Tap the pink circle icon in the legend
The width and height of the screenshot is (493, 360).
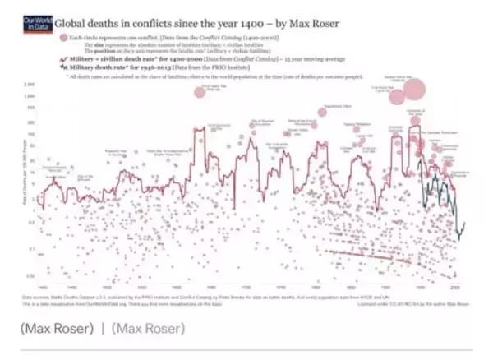[x=75, y=38]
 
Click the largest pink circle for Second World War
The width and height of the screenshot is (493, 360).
[x=413, y=90]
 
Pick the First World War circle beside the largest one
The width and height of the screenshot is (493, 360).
[x=398, y=97]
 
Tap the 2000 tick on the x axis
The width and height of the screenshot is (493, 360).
[x=454, y=288]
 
